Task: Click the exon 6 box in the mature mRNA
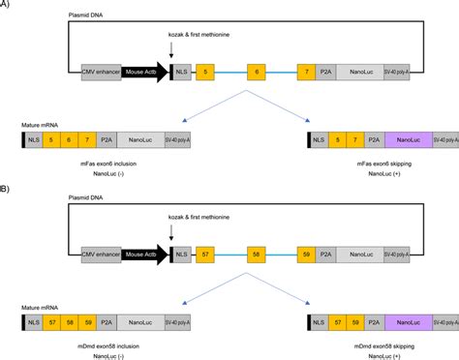pyautogui.click(x=73, y=140)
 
